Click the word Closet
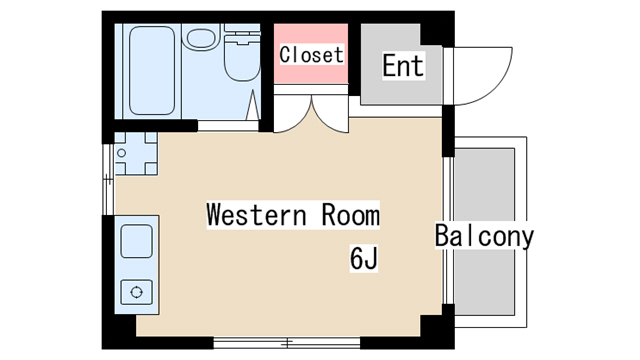coord(311,55)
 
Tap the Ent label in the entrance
coord(403,66)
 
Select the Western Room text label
coord(293,215)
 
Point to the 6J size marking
coord(364,258)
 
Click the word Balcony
coord(484,236)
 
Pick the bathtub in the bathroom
coord(152,71)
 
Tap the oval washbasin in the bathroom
coord(201,38)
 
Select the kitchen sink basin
coord(136,241)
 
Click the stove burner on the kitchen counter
coord(136,292)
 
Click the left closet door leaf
coord(293,115)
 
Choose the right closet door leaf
coord(331,115)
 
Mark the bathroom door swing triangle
coord(253,105)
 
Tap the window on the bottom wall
coord(287,343)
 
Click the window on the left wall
coord(108,179)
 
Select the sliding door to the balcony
coord(448,231)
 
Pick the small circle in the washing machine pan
coord(121,153)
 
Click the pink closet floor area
coord(311,53)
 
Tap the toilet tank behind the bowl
coord(242,33)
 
